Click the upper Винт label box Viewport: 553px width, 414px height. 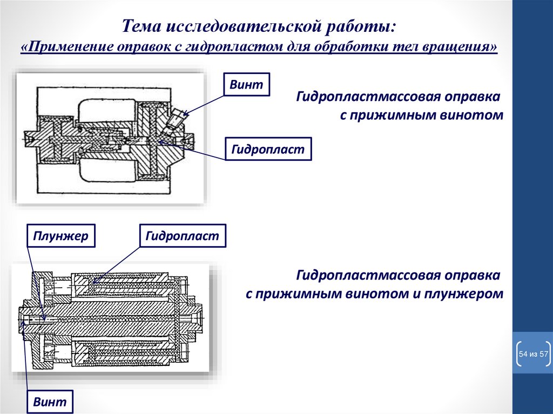[x=246, y=85]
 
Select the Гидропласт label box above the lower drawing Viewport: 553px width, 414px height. [x=182, y=236]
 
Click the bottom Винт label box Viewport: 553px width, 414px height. [x=49, y=402]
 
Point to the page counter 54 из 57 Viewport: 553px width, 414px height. [x=533, y=354]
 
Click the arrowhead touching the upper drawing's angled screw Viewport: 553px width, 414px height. [x=186, y=114]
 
